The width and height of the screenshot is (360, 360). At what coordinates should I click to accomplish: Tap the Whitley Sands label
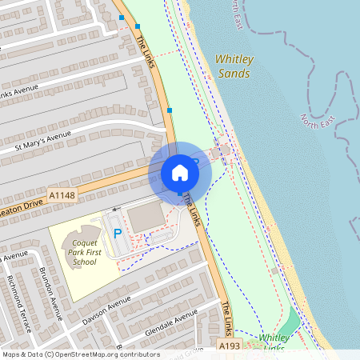[233, 66]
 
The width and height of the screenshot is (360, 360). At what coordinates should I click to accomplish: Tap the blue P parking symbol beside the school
[118, 234]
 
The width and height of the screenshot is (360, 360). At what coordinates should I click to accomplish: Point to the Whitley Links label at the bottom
[274, 342]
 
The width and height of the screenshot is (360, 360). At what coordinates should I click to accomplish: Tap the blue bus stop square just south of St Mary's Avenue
[170, 110]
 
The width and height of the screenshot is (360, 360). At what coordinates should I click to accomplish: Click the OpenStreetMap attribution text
[80, 354]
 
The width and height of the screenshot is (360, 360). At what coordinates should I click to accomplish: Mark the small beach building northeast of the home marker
[226, 148]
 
